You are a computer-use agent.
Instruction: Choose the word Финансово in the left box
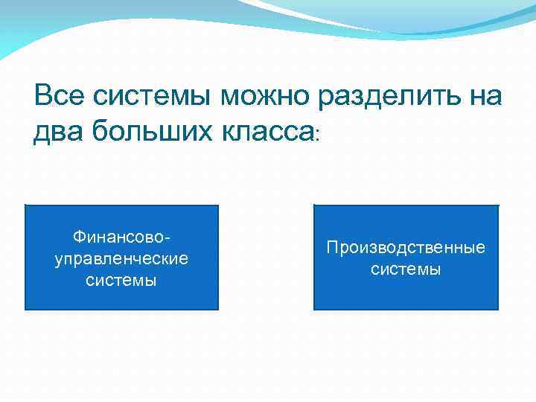pyautogui.click(x=119, y=237)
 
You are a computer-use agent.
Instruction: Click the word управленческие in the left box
pyautogui.click(x=121, y=259)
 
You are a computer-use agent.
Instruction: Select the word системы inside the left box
pyautogui.click(x=121, y=281)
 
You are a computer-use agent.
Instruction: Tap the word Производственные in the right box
pyautogui.click(x=406, y=247)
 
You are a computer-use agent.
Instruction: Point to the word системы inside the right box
pyautogui.click(x=406, y=269)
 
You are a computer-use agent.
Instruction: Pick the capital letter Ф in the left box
pyautogui.click(x=78, y=237)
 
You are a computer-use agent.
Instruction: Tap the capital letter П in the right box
pyautogui.click(x=332, y=247)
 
